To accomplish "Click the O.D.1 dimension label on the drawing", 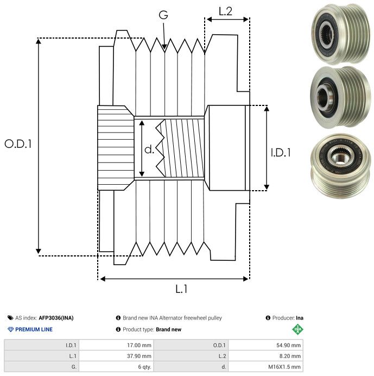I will [18, 144].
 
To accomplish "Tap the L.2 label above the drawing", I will [225, 11].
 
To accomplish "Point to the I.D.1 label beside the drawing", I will [281, 153].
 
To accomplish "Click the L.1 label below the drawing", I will [181, 290].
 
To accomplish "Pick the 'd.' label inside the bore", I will [149, 149].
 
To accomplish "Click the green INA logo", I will [298, 329].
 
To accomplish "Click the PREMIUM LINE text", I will [34, 329].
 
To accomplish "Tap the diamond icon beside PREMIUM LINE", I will [10, 329].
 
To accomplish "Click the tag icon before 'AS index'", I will [10, 318].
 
